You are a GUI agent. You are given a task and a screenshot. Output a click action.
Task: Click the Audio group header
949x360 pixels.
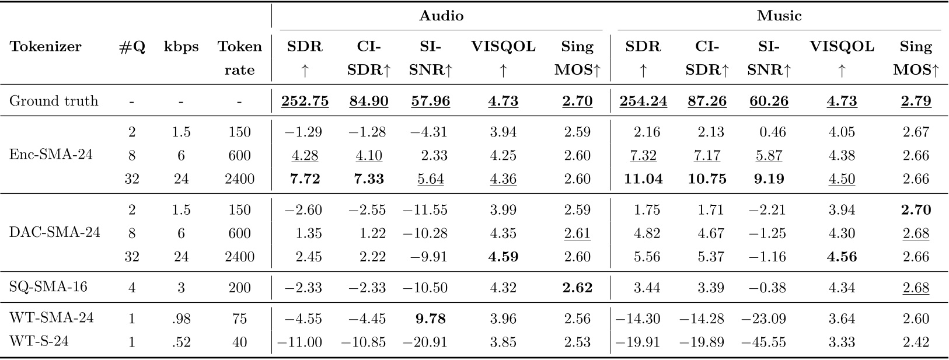pyautogui.click(x=441, y=16)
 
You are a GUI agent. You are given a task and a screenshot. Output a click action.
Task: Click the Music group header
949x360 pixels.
pyautogui.click(x=779, y=16)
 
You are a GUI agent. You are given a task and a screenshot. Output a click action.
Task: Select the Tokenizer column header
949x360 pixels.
pyautogui.click(x=46, y=47)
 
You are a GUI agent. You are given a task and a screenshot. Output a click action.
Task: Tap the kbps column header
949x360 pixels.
pyautogui.click(x=181, y=47)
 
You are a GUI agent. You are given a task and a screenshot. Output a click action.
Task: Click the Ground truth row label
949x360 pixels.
pyautogui.click(x=54, y=101)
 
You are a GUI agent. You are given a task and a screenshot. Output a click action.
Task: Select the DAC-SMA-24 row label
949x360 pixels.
pyautogui.click(x=54, y=233)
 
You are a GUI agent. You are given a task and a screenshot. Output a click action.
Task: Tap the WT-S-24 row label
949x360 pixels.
pyautogui.click(x=39, y=342)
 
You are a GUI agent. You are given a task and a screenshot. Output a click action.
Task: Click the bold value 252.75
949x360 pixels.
pyautogui.click(x=305, y=101)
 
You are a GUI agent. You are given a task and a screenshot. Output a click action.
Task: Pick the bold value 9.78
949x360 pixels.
pyautogui.click(x=430, y=319)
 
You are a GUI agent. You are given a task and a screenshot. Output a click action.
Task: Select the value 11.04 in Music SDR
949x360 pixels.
pyautogui.click(x=643, y=179)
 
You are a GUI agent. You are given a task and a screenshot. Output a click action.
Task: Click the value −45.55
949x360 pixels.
pyautogui.click(x=763, y=342)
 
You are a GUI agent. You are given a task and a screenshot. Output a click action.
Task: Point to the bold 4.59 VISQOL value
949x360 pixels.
pyautogui.click(x=503, y=256)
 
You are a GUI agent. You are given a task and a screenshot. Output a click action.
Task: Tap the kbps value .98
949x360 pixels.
pyautogui.click(x=181, y=319)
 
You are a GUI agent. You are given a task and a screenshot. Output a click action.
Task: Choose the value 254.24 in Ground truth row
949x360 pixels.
pyautogui.click(x=643, y=101)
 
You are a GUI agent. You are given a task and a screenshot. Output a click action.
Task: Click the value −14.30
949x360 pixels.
pyautogui.click(x=638, y=319)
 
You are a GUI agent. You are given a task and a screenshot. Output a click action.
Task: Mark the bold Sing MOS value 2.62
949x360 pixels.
pyautogui.click(x=577, y=288)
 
